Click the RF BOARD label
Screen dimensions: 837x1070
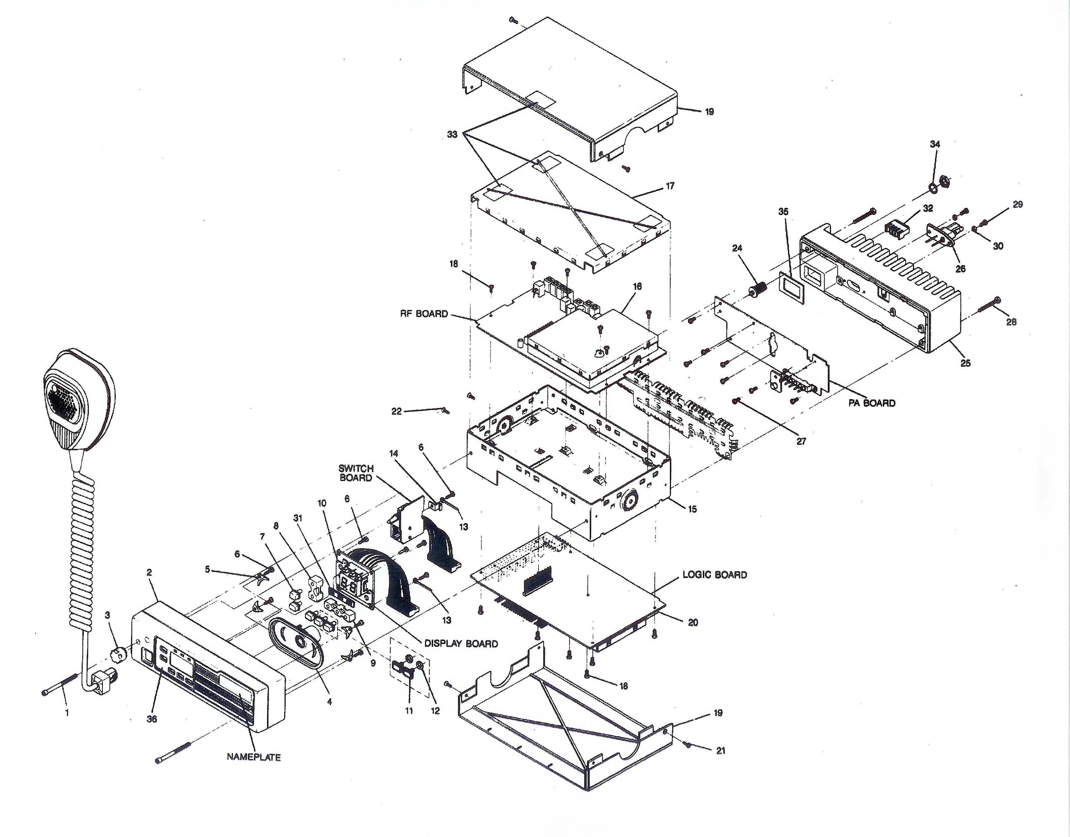[x=424, y=314]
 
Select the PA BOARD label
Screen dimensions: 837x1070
[x=872, y=403]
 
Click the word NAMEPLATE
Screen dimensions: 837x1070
[x=253, y=757]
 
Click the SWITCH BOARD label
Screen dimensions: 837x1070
[x=356, y=473]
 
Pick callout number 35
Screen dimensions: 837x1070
[x=783, y=212]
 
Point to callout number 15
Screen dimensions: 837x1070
[x=692, y=509]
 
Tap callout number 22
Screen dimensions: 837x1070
[x=396, y=411]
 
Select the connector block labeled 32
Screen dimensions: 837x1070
[x=895, y=228]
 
